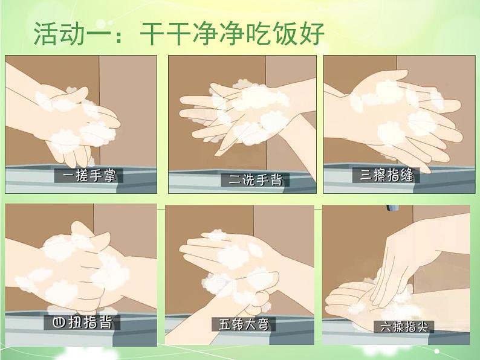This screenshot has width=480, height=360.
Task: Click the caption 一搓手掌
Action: click(x=89, y=176)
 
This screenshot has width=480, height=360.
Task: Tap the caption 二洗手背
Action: click(x=255, y=179)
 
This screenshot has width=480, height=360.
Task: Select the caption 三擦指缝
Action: click(x=387, y=175)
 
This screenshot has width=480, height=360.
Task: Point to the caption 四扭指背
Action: click(x=82, y=323)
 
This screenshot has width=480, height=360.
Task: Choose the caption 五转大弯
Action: click(x=244, y=324)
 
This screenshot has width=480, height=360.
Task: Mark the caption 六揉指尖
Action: click(x=404, y=327)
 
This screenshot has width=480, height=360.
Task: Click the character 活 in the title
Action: click(x=46, y=33)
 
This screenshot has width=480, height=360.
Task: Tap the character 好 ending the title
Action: click(x=311, y=33)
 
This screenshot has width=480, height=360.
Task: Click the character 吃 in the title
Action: click(x=258, y=33)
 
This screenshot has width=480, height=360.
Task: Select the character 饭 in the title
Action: click(x=285, y=33)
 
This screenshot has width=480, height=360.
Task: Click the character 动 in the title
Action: click(x=73, y=33)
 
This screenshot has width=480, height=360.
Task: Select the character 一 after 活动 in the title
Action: click(x=100, y=34)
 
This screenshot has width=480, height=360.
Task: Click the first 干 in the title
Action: click(x=152, y=33)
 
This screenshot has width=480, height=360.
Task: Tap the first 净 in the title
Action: click(x=206, y=33)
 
